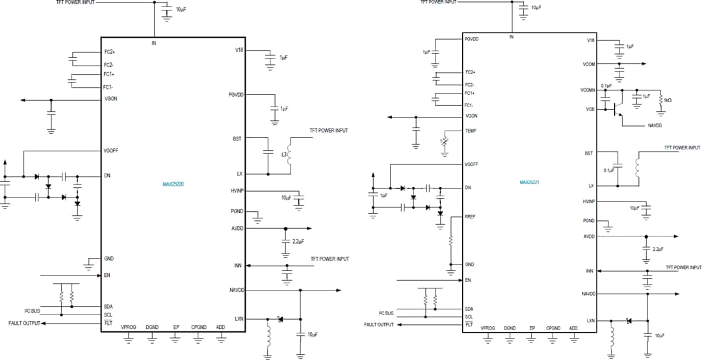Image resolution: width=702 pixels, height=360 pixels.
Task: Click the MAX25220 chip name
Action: [x=174, y=184]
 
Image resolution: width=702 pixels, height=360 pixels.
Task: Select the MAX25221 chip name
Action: [x=530, y=183]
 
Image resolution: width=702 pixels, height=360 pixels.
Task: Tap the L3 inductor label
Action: [x=284, y=154]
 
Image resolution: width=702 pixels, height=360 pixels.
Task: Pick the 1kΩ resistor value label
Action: [x=666, y=100]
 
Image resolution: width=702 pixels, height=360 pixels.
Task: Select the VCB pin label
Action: [x=590, y=109]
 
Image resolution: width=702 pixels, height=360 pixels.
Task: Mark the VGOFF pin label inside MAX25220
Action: [x=110, y=151]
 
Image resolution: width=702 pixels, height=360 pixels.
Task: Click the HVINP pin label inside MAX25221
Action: [x=589, y=201]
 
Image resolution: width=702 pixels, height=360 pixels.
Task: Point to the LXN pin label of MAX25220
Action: [x=238, y=319]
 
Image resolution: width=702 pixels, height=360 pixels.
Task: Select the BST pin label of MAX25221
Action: [x=589, y=153]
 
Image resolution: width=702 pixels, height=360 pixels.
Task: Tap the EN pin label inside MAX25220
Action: [x=107, y=275]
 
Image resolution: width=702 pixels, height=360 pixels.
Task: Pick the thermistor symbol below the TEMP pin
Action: [x=445, y=142]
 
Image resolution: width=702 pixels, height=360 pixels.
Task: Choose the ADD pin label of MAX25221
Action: [x=573, y=328]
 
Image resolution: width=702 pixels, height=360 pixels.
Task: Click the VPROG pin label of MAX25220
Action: [x=129, y=328]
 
